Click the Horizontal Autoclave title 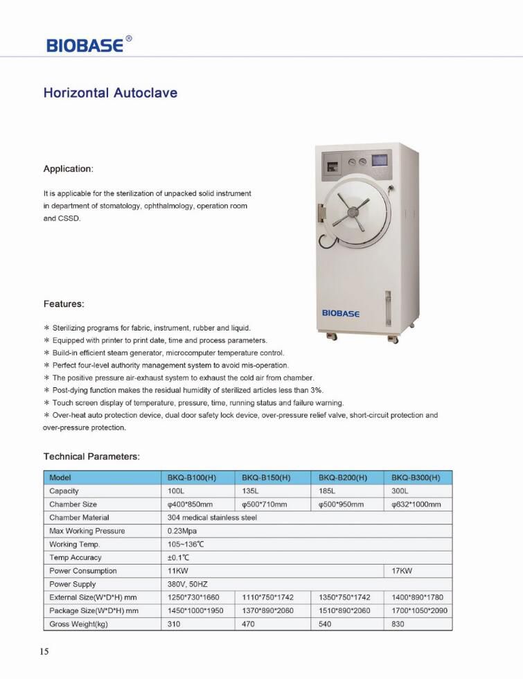(110, 93)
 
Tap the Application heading (68, 169)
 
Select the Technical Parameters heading (91, 457)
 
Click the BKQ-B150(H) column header (266, 477)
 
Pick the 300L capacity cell (401, 491)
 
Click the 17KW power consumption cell (402, 571)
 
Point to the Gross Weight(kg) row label (79, 624)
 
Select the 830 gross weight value (398, 624)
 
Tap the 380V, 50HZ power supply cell (188, 584)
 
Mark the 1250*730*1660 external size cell (193, 597)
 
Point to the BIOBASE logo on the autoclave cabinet (341, 313)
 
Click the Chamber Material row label (79, 518)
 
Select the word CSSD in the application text (70, 218)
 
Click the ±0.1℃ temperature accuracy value (179, 558)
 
